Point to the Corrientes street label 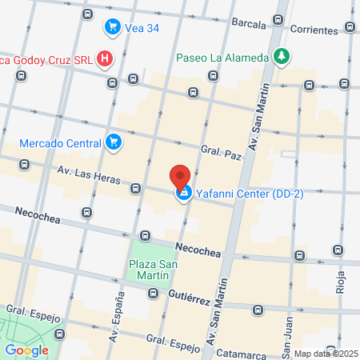314,30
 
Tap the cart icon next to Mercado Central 114,143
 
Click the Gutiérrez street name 190,295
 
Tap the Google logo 27,349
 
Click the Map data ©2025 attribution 323,354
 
